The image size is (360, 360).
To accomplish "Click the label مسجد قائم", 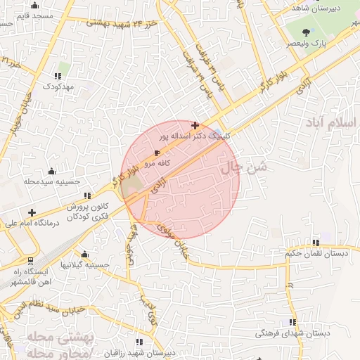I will point(37,15).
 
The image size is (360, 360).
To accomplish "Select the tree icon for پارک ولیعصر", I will point(307,32).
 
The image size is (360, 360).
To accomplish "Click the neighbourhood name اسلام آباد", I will point(331,122).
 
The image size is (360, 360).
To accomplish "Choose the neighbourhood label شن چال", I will point(244,168).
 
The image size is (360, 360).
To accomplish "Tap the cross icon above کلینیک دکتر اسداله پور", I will point(195,124).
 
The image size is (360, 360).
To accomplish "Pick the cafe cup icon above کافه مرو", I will point(156,152).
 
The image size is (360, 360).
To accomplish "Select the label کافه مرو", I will point(159,162).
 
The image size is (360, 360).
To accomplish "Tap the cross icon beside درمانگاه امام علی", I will point(32,212).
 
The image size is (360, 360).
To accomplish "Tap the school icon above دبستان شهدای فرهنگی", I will point(291,321).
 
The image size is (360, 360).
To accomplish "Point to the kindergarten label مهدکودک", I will point(58,86).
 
